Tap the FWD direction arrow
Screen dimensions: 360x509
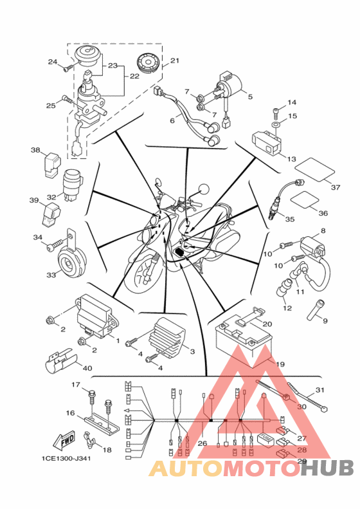(x=64, y=440)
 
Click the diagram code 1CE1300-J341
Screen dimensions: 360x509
(x=66, y=458)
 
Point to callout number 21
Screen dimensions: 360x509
(x=175, y=60)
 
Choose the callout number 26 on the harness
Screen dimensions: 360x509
(x=202, y=443)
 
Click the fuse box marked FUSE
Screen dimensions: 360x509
(x=265, y=440)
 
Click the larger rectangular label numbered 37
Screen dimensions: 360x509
(x=314, y=169)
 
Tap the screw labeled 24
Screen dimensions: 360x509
(x=68, y=68)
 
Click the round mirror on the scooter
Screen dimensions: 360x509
(x=204, y=189)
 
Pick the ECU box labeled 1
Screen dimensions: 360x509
(x=94, y=315)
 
